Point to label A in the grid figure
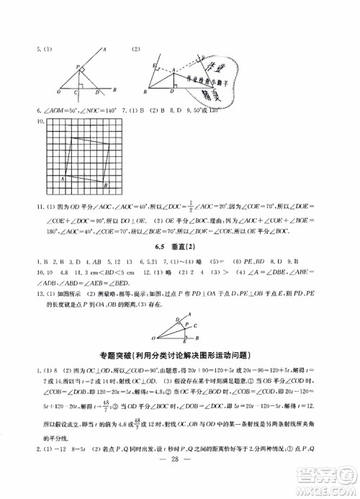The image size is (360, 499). (x=63, y=177)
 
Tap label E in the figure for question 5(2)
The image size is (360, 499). (x=153, y=65)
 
